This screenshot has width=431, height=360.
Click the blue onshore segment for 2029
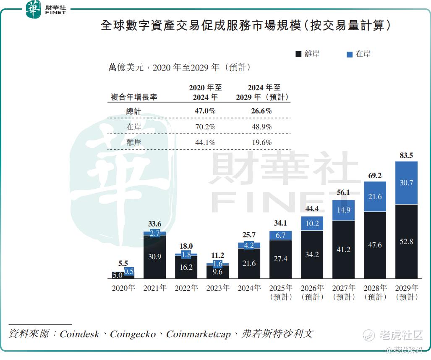pyautogui.click(x=406, y=183)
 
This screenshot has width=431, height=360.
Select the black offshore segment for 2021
pyautogui.click(x=154, y=256)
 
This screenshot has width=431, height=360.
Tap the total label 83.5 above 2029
pyautogui.click(x=406, y=155)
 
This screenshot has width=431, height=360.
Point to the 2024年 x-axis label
pyautogui.click(x=249, y=288)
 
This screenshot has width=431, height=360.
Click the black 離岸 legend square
pyautogui.click(x=298, y=54)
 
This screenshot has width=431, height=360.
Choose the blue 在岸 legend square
pyautogui.click(x=350, y=54)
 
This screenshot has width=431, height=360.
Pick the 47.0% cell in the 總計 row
pyautogui.click(x=205, y=111)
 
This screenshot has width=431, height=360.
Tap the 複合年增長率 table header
pyautogui.click(x=134, y=97)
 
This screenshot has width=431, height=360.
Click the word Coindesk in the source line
pyautogui.click(x=79, y=334)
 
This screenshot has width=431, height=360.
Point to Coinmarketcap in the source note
pyautogui.click(x=199, y=334)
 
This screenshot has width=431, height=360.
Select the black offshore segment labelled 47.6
pyautogui.click(x=375, y=245)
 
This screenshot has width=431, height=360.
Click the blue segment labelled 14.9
pyautogui.click(x=343, y=210)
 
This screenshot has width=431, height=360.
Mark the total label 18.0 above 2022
pyautogui.click(x=186, y=246)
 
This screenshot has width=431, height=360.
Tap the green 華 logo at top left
pyautogui.click(x=34, y=9)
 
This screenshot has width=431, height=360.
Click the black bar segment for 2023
pyautogui.click(x=217, y=272)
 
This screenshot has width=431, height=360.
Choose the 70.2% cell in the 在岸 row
pyautogui.click(x=205, y=127)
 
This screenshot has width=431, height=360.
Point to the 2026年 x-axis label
pyautogui.click(x=312, y=288)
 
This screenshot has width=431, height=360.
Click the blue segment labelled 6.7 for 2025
pyautogui.click(x=280, y=235)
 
